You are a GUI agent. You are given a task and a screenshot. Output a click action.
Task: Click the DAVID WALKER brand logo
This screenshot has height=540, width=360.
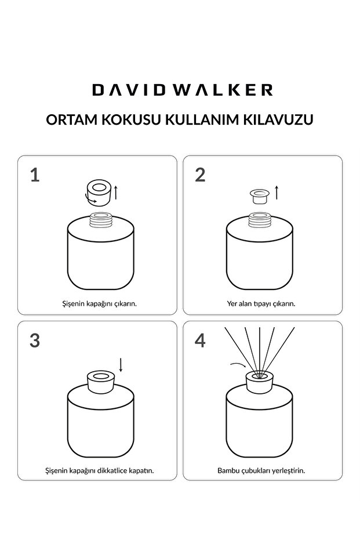click(182, 90)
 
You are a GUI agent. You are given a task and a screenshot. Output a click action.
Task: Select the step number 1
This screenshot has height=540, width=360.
click(35, 175)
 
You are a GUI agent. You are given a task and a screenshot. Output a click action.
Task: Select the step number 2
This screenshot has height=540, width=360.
click(200, 175)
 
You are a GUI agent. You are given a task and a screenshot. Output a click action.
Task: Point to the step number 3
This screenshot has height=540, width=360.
click(35, 340)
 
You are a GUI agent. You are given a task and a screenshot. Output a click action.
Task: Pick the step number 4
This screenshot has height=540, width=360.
click(200, 340)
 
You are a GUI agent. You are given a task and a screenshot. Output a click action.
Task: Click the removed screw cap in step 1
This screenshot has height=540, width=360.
click(98, 191)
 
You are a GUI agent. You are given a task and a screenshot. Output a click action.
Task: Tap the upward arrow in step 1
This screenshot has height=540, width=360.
click(116, 192)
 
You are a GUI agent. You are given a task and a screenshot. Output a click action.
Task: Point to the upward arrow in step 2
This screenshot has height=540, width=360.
click(277, 193)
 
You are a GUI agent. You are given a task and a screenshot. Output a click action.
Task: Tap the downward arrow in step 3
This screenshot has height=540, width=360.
click(121, 365)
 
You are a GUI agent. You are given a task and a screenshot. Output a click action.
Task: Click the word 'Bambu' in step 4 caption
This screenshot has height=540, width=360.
click(228, 470)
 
